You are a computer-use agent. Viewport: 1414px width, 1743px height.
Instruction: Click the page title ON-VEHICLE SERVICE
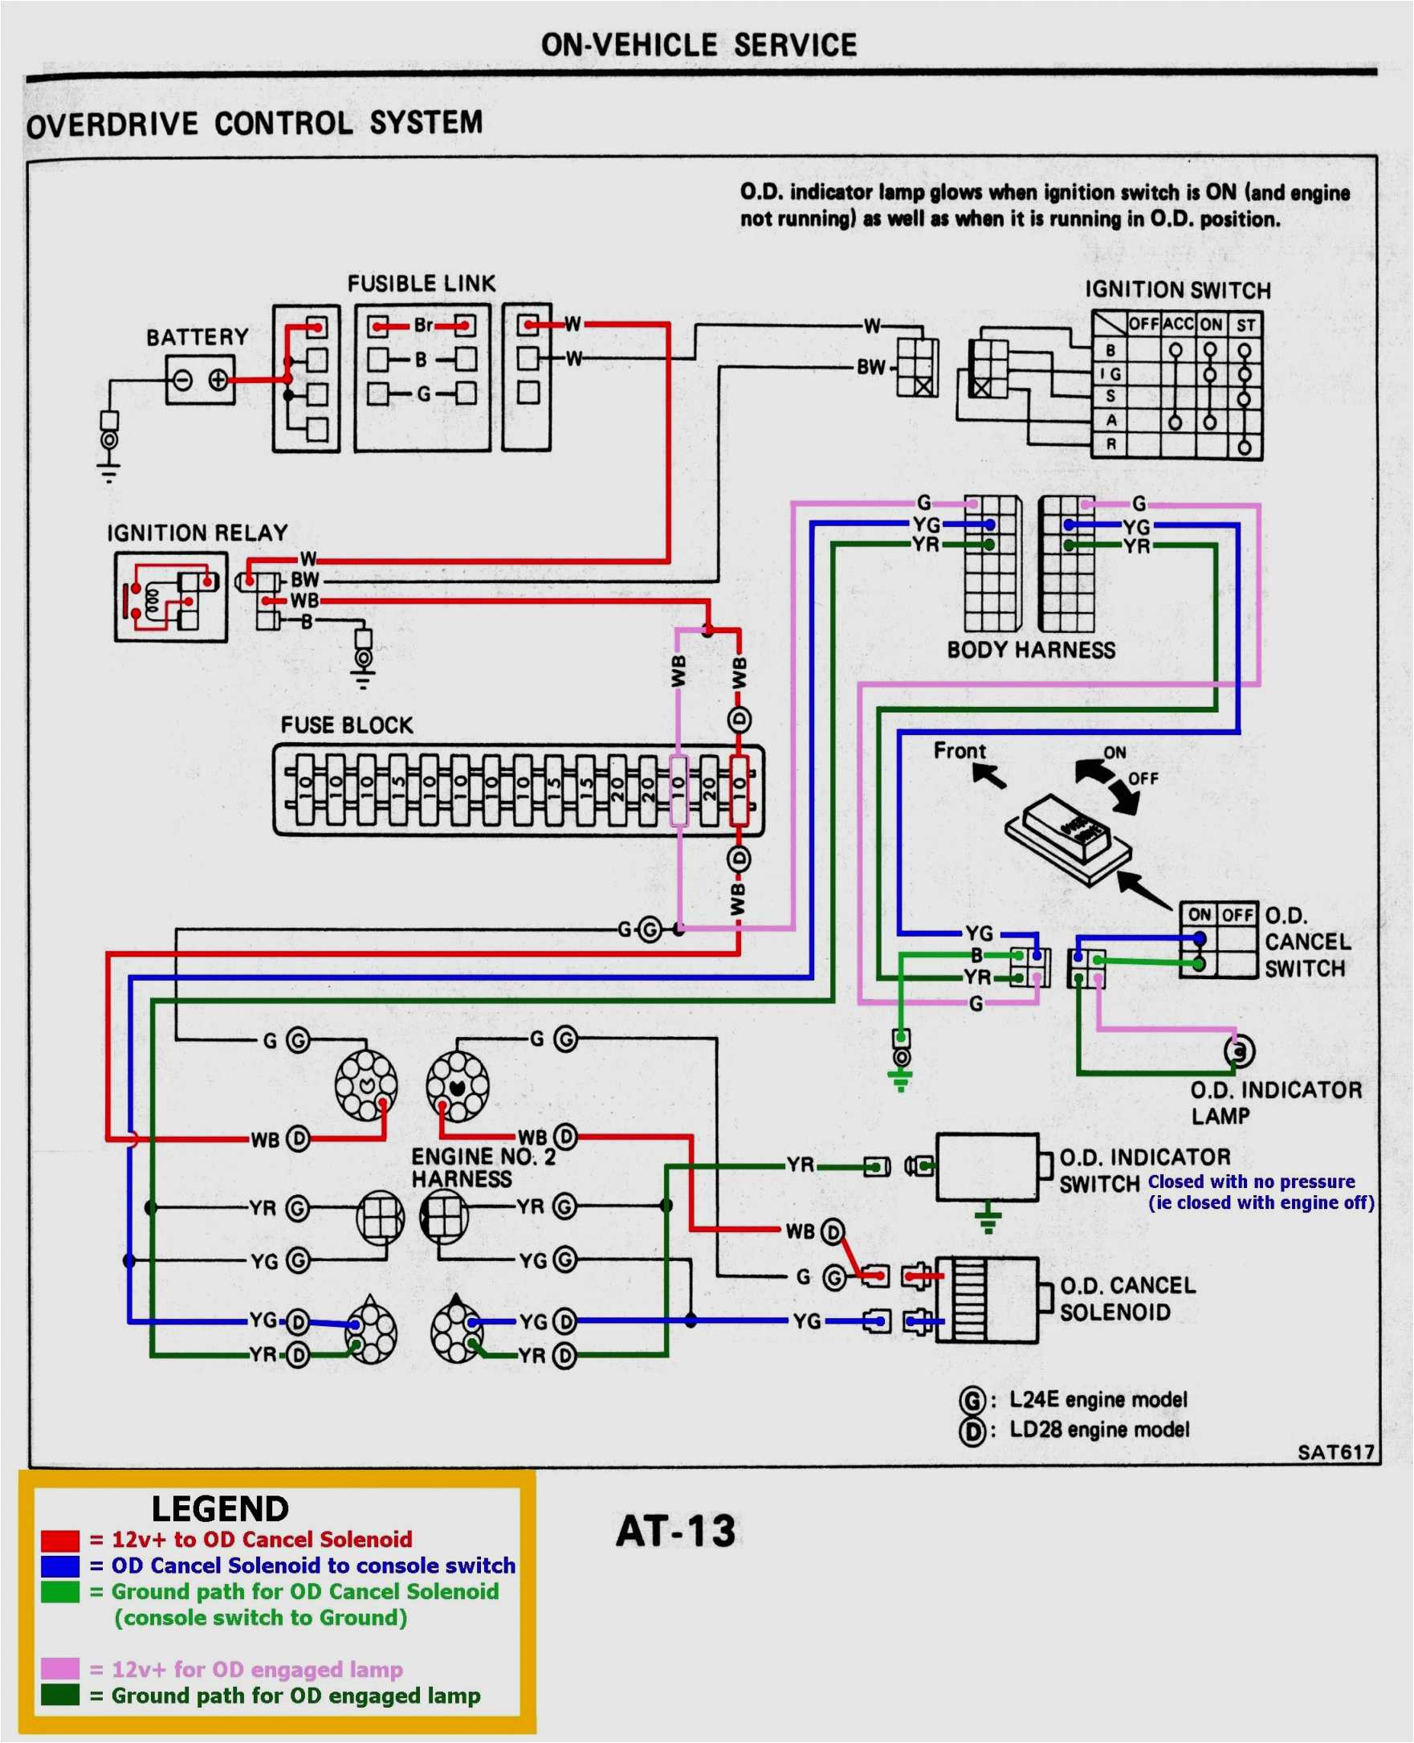coord(698,45)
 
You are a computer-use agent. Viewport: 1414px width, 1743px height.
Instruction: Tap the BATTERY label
coord(197,337)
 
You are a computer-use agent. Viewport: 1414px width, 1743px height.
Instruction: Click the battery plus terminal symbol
coord(218,380)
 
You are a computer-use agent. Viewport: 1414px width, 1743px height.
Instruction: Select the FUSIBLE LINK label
coord(421,284)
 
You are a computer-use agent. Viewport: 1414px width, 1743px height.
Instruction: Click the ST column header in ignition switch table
coord(1245,325)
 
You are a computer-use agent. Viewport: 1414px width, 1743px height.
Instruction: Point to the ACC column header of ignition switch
coord(1178,325)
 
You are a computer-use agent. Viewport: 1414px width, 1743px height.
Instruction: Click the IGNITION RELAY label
coord(197,533)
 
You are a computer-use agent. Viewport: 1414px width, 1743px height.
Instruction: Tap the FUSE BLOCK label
coord(346,725)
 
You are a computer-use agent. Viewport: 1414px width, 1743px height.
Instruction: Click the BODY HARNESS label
coord(1031,650)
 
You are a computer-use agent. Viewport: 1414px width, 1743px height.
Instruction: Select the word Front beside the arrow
coord(960,750)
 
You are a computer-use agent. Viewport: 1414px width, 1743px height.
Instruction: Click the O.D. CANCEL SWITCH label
coord(1306,942)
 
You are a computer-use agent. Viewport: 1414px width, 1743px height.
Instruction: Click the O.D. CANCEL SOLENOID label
coord(1127,1299)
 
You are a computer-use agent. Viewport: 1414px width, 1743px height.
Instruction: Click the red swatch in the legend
coord(60,1540)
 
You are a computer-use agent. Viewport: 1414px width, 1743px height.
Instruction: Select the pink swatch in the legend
coord(60,1668)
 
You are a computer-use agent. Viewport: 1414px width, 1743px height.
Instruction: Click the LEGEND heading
coord(220,1509)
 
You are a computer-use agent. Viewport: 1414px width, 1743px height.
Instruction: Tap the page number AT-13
coord(675,1531)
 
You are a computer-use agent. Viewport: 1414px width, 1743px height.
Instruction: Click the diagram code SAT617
coord(1336,1452)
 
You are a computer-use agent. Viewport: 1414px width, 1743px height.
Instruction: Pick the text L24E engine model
coord(1098,1399)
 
